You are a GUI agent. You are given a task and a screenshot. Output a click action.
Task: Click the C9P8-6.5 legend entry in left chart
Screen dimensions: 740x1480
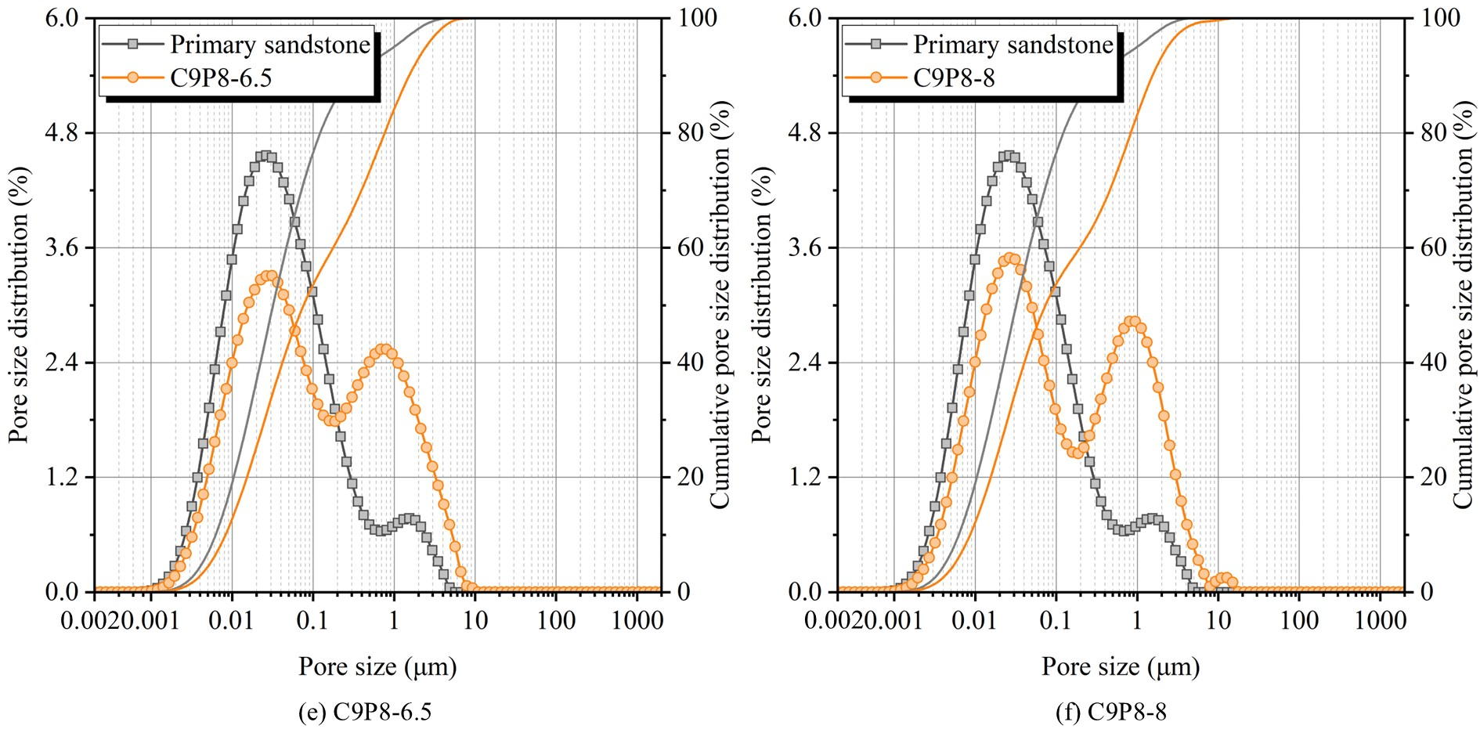[221, 78]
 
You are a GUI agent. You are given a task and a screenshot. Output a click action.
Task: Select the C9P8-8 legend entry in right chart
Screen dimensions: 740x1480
[954, 78]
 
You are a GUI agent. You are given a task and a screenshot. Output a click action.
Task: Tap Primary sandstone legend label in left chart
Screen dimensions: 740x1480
[270, 45]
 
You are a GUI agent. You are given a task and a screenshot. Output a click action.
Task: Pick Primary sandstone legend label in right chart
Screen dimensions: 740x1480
[1013, 45]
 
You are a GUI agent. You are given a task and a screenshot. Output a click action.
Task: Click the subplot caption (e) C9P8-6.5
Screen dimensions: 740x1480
[365, 712]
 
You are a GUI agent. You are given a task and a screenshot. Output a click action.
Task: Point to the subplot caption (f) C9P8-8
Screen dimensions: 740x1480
[1110, 712]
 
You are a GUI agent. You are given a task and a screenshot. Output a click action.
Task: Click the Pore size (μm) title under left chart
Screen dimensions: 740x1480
[377, 666]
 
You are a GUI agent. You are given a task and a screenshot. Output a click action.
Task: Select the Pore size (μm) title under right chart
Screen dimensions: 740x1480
[1121, 666]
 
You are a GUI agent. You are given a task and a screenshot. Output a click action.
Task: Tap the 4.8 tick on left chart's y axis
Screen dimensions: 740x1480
[62, 132]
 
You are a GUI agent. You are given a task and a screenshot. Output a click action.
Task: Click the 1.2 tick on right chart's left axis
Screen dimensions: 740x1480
[805, 477]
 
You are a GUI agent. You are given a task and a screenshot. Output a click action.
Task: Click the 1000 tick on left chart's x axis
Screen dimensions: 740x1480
[637, 621]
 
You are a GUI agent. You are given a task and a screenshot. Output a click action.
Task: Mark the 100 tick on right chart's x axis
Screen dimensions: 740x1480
[1299, 621]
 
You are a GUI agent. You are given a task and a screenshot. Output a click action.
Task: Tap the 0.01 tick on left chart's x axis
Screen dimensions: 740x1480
[231, 621]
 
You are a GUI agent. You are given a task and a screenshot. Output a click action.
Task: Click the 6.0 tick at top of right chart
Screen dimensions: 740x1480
[805, 18]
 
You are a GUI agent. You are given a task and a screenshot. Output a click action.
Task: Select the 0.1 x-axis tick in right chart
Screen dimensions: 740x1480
[1056, 621]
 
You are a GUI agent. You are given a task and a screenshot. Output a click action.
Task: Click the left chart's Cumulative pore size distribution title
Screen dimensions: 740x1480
[720, 305]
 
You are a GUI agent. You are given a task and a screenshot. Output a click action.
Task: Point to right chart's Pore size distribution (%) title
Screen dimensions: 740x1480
[761, 305]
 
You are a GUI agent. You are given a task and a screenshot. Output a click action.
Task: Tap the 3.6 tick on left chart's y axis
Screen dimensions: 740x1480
[62, 247]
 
